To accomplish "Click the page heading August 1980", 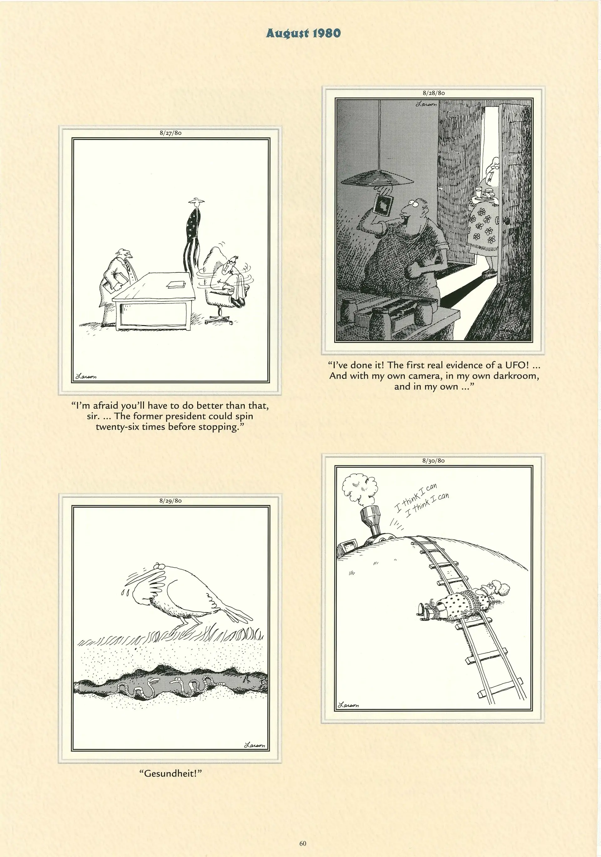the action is pyautogui.click(x=303, y=33).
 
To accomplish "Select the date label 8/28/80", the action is pyautogui.click(x=434, y=93).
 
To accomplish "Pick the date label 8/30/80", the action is pyautogui.click(x=434, y=461).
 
